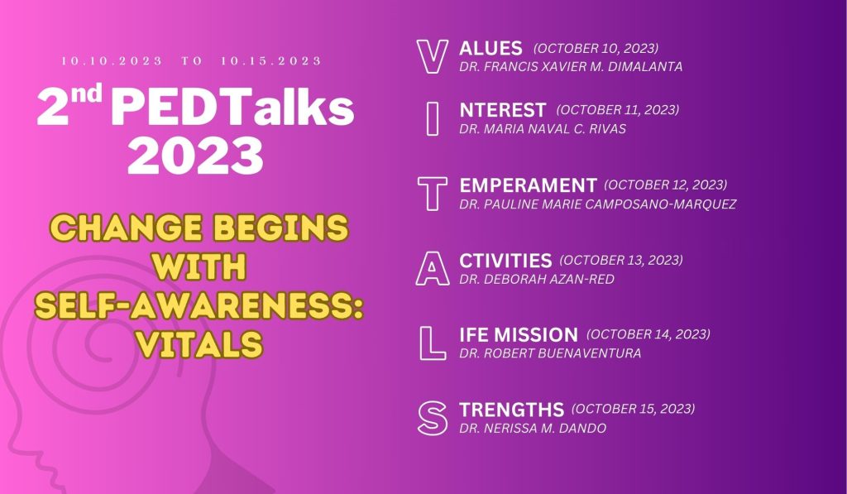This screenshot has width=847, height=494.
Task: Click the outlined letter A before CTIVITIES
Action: click(423, 276)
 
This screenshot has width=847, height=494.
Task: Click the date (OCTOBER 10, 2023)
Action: click(596, 49)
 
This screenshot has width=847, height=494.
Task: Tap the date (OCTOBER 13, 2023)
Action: click(621, 261)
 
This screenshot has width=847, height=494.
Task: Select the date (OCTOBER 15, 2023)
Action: click(633, 409)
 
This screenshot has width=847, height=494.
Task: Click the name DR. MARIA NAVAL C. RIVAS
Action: click(543, 129)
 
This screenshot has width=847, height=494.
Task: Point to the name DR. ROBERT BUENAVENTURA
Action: click(550, 353)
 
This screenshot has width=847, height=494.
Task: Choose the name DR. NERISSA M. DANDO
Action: click(533, 429)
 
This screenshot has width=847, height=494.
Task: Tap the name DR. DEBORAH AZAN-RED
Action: click(537, 280)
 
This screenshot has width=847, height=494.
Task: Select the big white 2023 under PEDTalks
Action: click(195, 156)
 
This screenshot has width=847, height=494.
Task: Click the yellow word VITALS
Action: click(199, 343)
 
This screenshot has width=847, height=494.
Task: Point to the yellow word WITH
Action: click(199, 266)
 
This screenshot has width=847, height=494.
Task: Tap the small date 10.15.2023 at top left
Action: click(271, 61)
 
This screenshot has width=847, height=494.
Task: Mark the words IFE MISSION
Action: click(519, 335)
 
